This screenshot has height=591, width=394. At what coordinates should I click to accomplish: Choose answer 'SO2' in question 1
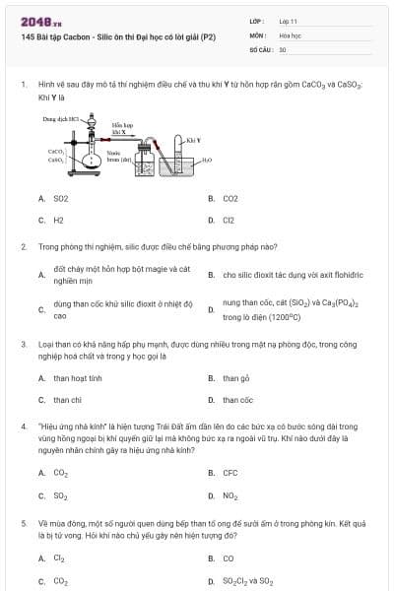coord(61,198)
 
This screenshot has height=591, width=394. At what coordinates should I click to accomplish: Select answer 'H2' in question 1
coord(58,221)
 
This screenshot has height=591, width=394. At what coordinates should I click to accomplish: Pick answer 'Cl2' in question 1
coord(229,221)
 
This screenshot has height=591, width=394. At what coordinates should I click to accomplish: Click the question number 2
coord(23,247)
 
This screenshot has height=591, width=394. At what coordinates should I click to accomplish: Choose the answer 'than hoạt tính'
coord(78,378)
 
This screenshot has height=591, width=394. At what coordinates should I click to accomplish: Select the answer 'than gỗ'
coord(236,378)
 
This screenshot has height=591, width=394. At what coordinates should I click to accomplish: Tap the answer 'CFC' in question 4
coord(230,473)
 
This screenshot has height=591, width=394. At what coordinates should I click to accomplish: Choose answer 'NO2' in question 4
coord(230,495)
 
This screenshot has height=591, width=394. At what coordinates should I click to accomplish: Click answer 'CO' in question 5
coord(229,558)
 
